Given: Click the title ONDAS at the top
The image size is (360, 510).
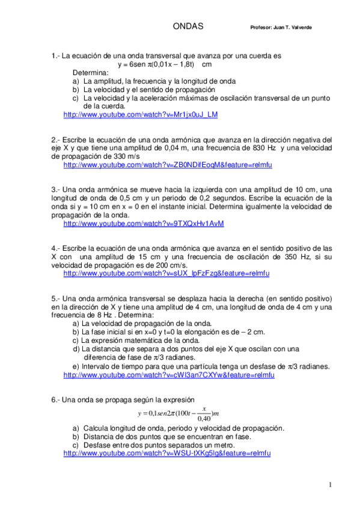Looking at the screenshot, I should [x=188, y=26].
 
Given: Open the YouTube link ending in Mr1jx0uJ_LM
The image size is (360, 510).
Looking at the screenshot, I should [x=140, y=114].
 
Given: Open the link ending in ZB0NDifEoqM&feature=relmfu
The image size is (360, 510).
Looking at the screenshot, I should [x=168, y=164].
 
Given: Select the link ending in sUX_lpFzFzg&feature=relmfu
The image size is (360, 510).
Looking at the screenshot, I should [x=166, y=274].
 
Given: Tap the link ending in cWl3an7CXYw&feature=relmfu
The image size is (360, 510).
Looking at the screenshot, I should [x=168, y=375].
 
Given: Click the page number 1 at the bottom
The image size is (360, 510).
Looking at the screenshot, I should [x=329, y=484].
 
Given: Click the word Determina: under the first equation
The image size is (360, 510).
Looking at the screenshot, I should [x=91, y=72].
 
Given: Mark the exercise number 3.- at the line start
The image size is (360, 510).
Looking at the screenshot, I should [x=56, y=189].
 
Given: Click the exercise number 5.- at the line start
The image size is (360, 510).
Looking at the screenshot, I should [x=56, y=298].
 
